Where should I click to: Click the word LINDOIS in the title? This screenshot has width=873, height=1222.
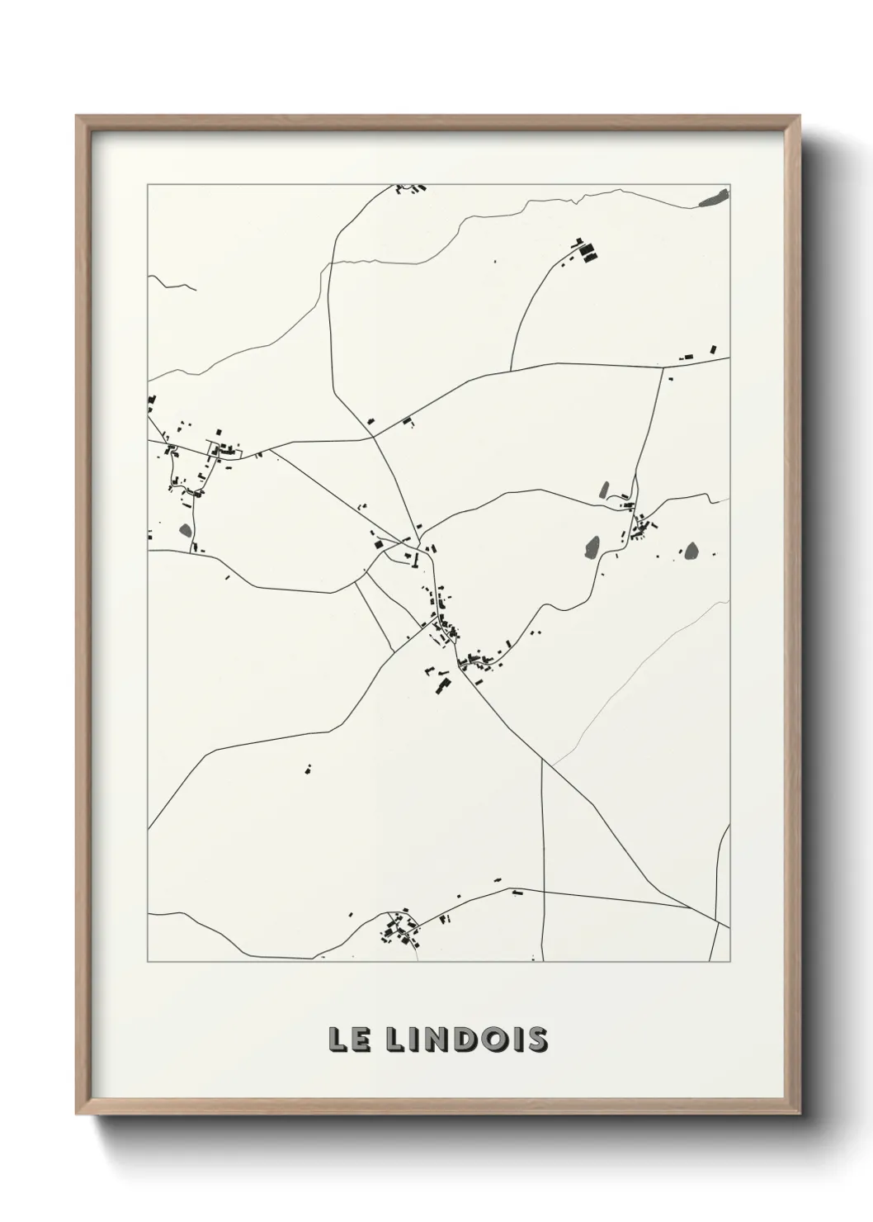click(467, 1040)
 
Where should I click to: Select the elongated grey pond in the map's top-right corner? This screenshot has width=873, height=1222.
click(714, 198)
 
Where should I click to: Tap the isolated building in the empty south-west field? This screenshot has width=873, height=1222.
click(309, 769)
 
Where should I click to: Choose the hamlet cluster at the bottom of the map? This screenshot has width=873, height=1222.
click(399, 931)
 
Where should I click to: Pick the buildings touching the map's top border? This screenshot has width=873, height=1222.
click(410, 189)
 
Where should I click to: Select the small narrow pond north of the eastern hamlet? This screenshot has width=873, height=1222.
click(604, 490)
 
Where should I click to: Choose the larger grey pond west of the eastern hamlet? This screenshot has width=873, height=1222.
click(591, 546)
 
